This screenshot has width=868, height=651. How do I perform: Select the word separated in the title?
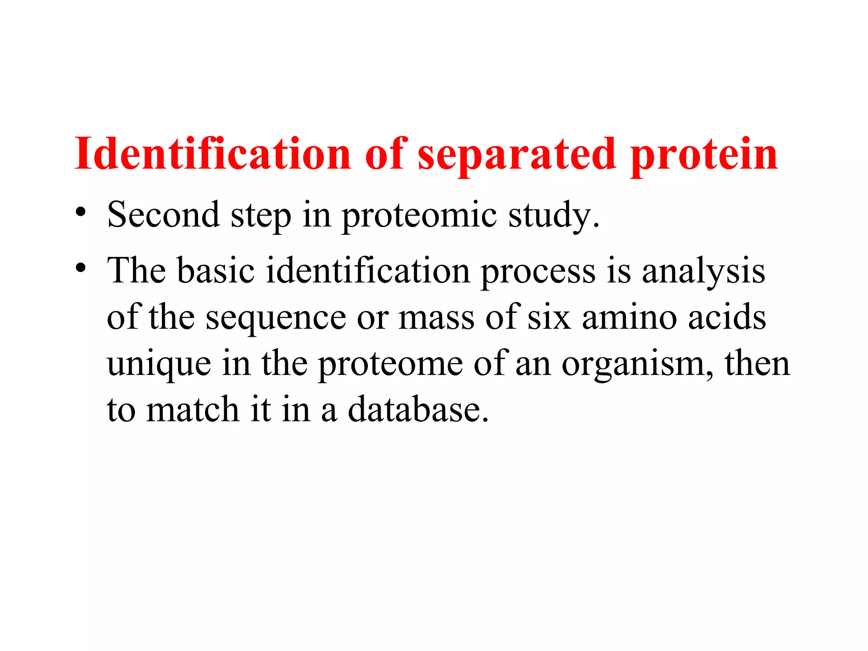tap(517, 155)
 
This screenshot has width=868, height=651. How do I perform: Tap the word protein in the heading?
tap(704, 155)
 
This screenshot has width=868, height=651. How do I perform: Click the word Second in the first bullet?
tap(164, 214)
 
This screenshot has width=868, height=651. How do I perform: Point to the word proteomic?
tap(419, 215)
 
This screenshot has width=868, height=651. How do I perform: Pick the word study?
tap(554, 215)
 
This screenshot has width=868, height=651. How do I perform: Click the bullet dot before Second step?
tap(81, 212)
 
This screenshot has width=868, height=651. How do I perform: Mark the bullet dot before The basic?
tap(81, 268)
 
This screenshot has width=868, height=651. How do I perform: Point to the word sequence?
tap(276, 318)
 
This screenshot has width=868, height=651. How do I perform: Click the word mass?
tap(437, 318)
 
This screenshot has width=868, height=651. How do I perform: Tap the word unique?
tap(159, 364)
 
